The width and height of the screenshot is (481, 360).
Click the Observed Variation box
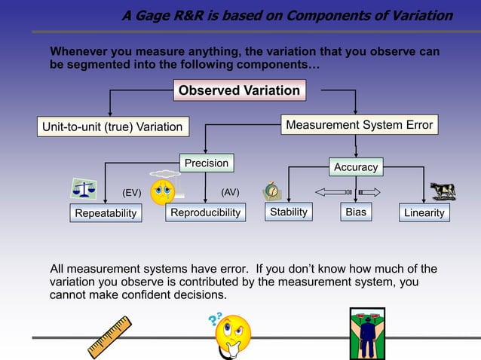click(239, 91)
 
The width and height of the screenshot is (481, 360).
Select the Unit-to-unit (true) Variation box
click(112, 127)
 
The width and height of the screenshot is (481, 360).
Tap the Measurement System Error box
click(359, 125)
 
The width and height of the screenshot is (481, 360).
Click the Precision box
click(206, 163)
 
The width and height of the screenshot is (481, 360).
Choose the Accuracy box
click(356, 166)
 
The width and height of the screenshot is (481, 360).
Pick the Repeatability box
click(106, 213)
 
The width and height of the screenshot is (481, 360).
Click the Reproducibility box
click(205, 213)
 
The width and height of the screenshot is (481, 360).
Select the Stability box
click(289, 212)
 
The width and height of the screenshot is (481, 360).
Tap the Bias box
click(355, 212)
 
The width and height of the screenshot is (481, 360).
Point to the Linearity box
click(424, 213)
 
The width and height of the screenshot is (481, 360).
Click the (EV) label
click(132, 193)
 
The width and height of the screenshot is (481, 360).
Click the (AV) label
click(230, 192)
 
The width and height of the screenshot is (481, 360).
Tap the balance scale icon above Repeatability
click(83, 188)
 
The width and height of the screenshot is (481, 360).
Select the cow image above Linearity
click(443, 191)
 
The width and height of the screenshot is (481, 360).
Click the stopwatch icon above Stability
click(272, 191)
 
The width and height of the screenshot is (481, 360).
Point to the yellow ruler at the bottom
click(115, 337)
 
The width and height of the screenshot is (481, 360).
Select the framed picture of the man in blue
click(366, 333)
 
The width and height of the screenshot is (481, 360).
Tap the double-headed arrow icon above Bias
click(347, 192)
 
